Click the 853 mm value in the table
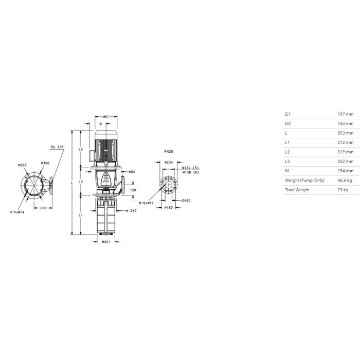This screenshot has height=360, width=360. click(345, 133)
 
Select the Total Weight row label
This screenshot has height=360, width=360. click(297, 190)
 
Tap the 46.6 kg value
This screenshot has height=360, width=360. click(345, 180)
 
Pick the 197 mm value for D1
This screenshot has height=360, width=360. click(345, 114)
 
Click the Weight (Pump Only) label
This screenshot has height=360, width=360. click(304, 181)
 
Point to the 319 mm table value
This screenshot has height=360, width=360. click(345, 152)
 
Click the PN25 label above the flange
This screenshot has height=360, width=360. click(169, 152)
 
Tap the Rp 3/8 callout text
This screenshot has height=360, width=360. click(57, 147)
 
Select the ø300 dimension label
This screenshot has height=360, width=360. click(45, 163)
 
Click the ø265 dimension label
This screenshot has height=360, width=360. click(22, 165)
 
